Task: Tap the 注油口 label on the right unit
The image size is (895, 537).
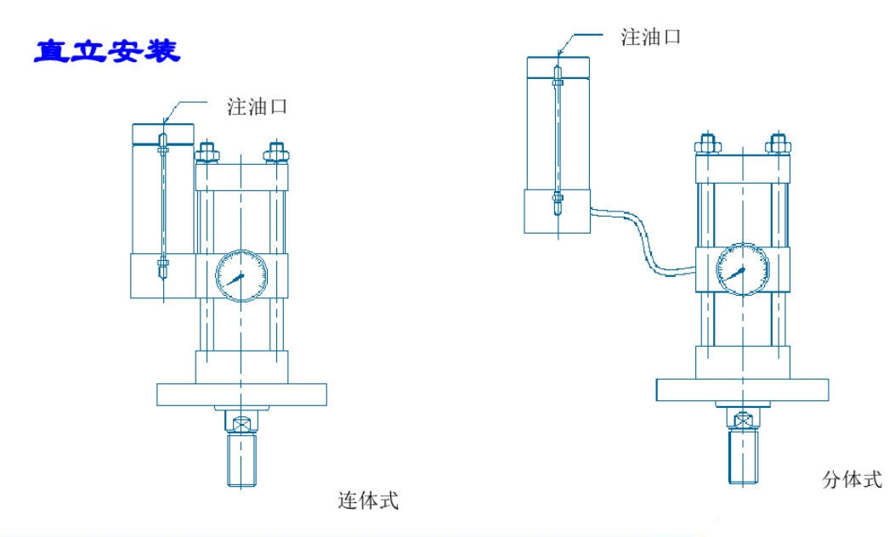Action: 651,37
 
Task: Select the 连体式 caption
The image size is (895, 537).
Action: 369,500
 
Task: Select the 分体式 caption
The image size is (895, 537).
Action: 853,480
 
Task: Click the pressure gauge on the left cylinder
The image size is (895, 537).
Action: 241,274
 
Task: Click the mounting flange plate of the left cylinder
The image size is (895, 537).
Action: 242,394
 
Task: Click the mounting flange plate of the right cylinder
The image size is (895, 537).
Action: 743,389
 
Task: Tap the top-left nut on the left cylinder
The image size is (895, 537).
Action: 207,154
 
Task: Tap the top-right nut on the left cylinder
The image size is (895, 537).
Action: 274,154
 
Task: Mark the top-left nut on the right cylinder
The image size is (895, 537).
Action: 707,146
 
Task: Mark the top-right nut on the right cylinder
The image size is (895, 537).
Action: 777,146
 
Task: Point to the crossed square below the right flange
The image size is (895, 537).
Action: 744,420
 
